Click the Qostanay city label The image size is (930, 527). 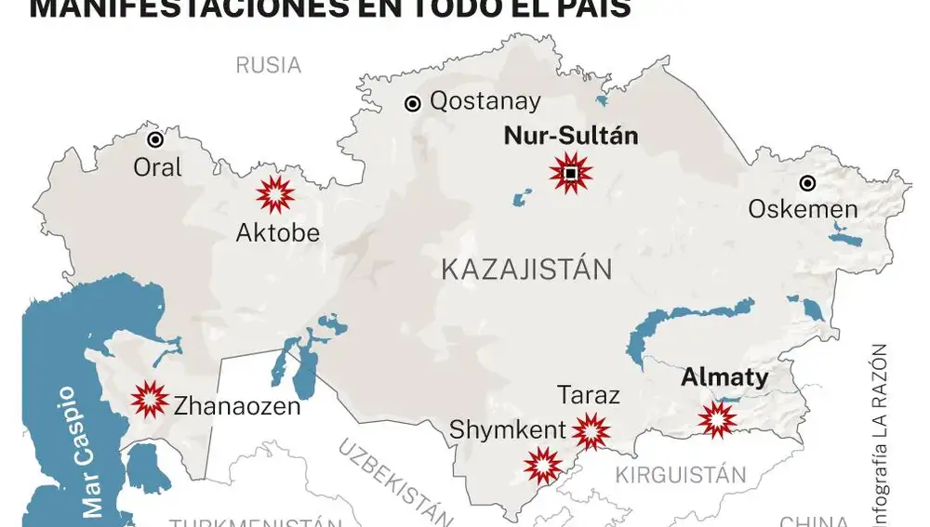pyautogui.click(x=485, y=103)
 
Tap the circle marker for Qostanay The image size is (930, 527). pyautogui.click(x=412, y=104)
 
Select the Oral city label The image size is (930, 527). pyautogui.click(x=158, y=168)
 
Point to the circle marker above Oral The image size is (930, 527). pyautogui.click(x=155, y=139)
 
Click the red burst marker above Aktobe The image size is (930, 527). pyautogui.click(x=275, y=194)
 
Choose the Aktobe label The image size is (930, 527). pyautogui.click(x=277, y=233)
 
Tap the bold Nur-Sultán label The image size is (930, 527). pyautogui.click(x=570, y=136)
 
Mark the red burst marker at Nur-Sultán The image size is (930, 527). pyautogui.click(x=570, y=174)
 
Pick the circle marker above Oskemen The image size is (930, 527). pyautogui.click(x=808, y=183)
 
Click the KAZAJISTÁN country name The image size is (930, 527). pyautogui.click(x=526, y=270)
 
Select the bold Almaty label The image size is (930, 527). pyautogui.click(x=724, y=378)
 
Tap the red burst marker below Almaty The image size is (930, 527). pyautogui.click(x=717, y=419)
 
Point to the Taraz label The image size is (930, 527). pyautogui.click(x=589, y=395)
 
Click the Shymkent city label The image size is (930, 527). pyautogui.click(x=507, y=430)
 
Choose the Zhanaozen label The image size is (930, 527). pyautogui.click(x=237, y=405)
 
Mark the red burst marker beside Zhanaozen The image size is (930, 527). pyautogui.click(x=150, y=400)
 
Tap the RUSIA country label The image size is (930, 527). pyautogui.click(x=268, y=65)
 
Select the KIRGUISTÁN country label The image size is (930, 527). pyautogui.click(x=680, y=475)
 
